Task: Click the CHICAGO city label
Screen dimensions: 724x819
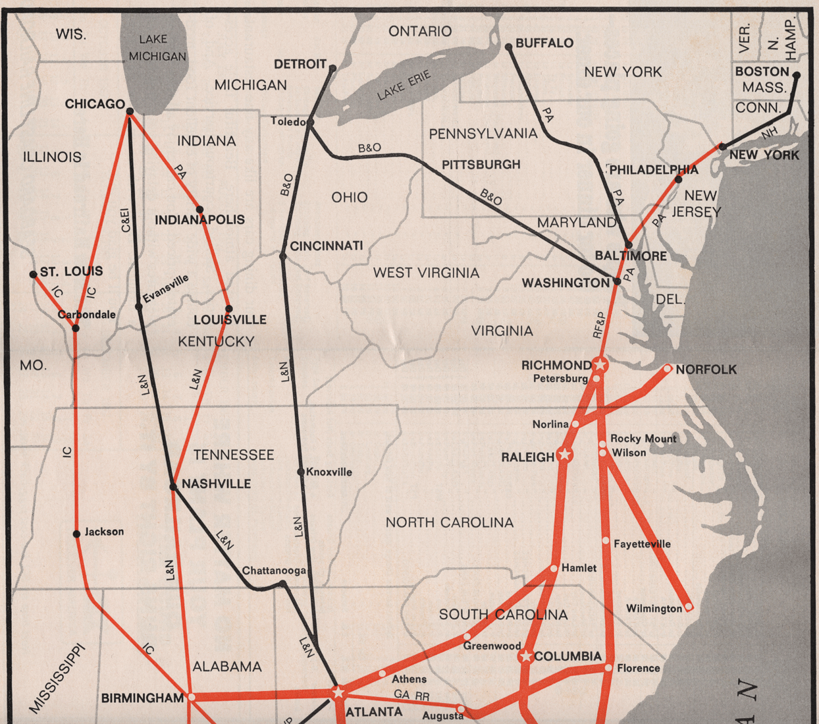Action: (95, 104)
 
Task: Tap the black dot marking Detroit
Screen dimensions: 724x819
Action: (332, 68)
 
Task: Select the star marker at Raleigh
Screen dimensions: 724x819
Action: (564, 455)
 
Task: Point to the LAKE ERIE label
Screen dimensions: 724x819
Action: (404, 86)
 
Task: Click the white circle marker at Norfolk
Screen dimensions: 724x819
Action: (668, 369)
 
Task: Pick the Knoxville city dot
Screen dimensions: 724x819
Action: (301, 472)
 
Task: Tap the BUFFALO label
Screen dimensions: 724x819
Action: (544, 43)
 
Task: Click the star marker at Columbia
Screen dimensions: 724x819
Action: (525, 656)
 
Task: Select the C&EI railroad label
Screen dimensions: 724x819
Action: (125, 220)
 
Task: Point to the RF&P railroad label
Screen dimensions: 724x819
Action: (598, 325)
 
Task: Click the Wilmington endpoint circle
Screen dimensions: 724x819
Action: (689, 607)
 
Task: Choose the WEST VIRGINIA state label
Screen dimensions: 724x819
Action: (426, 273)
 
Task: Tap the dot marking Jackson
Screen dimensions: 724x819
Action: (76, 534)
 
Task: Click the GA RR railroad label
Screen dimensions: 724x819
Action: (411, 694)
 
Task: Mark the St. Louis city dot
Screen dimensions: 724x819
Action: (34, 274)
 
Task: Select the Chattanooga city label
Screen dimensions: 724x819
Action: (274, 571)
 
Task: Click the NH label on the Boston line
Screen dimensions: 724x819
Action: (769, 133)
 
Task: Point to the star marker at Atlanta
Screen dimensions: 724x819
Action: (338, 692)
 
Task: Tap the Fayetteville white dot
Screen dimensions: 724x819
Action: (606, 541)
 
